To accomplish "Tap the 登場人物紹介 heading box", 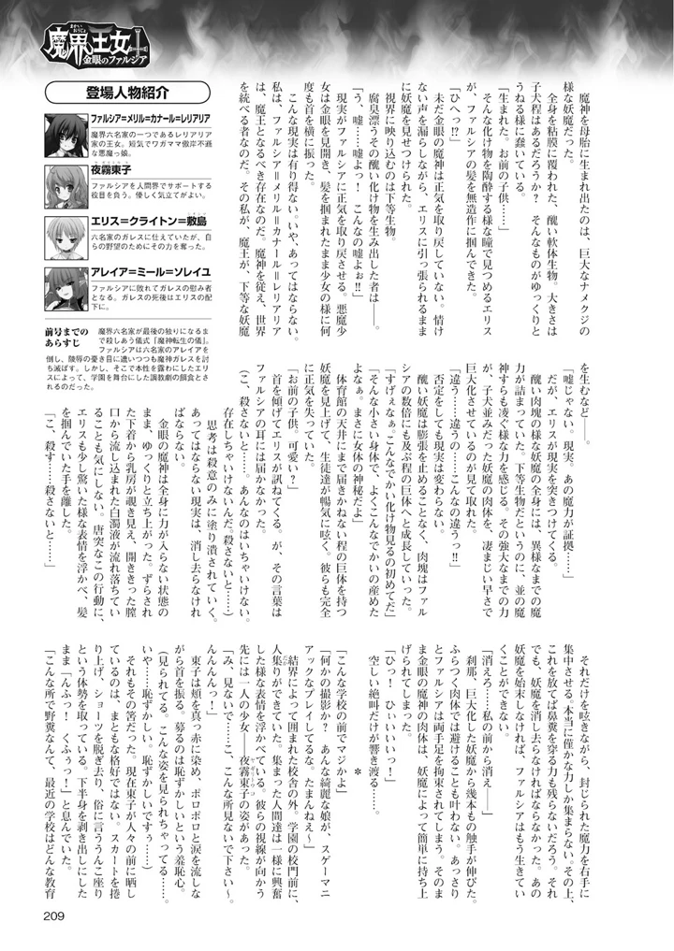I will click(x=125, y=94).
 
